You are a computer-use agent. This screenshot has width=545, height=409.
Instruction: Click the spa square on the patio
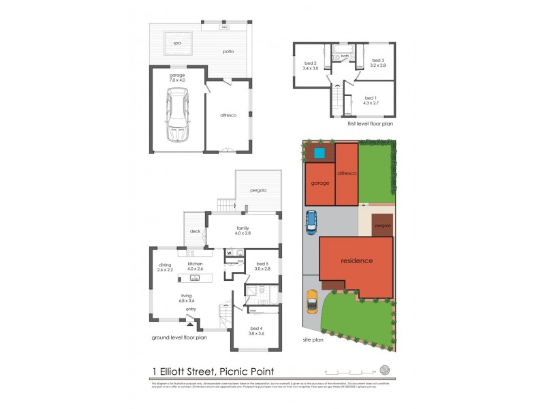click(177, 43)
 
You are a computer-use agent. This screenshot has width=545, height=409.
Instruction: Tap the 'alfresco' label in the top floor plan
click(228, 116)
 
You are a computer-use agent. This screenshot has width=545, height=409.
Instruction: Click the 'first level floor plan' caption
click(369, 124)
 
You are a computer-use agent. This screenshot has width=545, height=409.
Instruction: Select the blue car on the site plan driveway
click(311, 221)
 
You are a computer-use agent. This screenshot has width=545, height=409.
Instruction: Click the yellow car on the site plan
click(311, 301)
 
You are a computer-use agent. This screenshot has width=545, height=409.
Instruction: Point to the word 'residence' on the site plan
click(357, 260)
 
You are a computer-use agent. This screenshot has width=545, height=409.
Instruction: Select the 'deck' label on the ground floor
click(194, 232)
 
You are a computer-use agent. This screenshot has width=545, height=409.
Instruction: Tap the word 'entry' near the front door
click(191, 309)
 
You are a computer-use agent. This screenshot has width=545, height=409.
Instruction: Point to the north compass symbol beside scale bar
click(386, 371)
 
